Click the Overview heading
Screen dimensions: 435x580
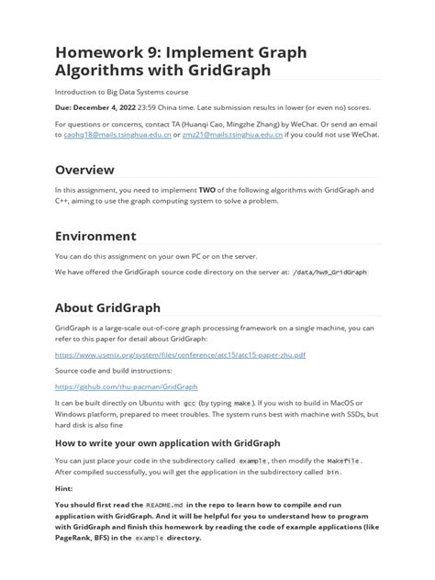(84, 170)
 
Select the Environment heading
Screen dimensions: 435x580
(95, 236)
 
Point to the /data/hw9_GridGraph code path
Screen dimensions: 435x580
(329, 273)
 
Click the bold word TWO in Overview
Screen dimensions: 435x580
(207, 190)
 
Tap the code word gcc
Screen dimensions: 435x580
(190, 403)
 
